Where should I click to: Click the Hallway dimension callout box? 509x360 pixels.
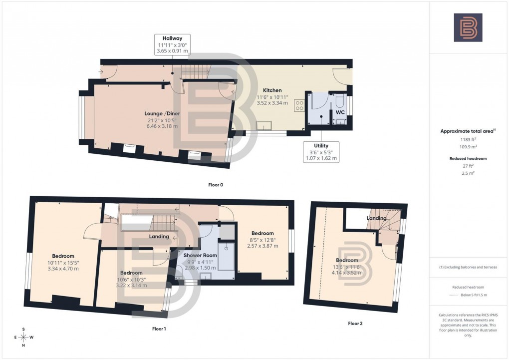click(173, 45)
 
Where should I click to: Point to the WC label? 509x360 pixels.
click(340, 113)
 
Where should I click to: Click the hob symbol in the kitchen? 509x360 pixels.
click(300, 105)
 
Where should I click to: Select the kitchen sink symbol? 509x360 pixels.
click(263, 125)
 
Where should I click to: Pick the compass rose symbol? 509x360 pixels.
click(23, 338)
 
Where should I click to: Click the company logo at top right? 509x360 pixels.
click(468, 27)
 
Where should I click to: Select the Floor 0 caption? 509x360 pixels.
click(215, 185)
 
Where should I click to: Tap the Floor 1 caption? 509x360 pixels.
click(159, 329)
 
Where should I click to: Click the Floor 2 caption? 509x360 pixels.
click(355, 324)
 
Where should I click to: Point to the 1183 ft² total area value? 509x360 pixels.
click(468, 140)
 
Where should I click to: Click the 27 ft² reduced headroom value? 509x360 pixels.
click(468, 166)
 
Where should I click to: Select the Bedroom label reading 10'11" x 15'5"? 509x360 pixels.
click(63, 256)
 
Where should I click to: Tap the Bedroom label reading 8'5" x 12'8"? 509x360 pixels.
click(262, 233)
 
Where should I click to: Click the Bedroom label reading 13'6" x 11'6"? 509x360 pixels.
click(347, 260)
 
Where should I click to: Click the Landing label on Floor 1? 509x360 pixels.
click(159, 236)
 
